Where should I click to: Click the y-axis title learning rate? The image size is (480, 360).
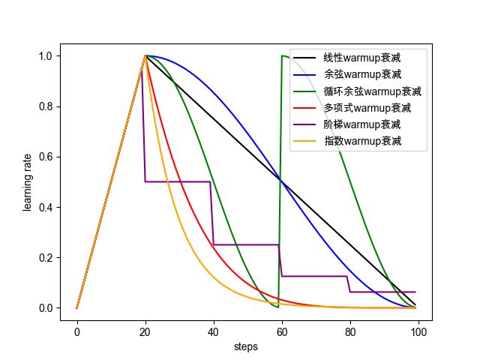coord(28,182)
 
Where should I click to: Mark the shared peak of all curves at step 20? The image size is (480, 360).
coord(145,55)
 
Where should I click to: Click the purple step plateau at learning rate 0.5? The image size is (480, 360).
coord(178,181)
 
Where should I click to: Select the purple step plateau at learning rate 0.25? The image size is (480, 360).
coord(246,244)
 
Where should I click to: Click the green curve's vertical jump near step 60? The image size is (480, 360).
coord(280,180)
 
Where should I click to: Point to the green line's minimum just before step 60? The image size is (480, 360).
coord(278,307)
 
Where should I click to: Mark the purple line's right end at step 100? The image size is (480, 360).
coord(415,292)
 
